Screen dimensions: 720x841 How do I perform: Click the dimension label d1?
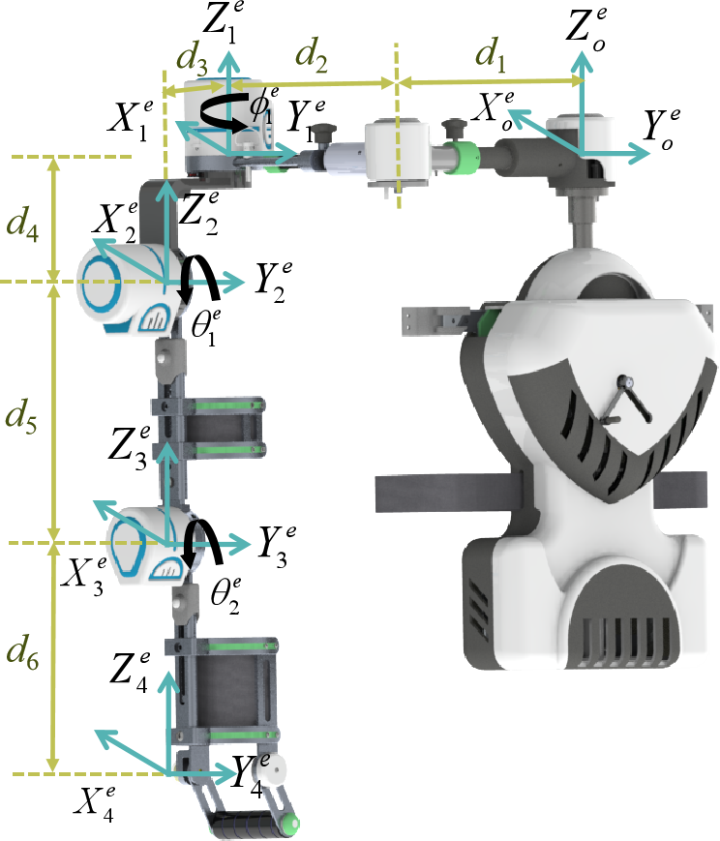point(491,54)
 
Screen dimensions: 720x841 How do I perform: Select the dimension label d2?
point(312,55)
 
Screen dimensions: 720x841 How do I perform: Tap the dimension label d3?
point(192,58)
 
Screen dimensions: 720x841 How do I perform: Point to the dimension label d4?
point(22,225)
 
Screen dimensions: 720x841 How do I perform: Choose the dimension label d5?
point(21,416)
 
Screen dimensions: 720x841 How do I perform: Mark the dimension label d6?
point(22,653)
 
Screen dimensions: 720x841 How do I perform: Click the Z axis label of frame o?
point(586,27)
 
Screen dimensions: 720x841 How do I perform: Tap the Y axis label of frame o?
point(662,130)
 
